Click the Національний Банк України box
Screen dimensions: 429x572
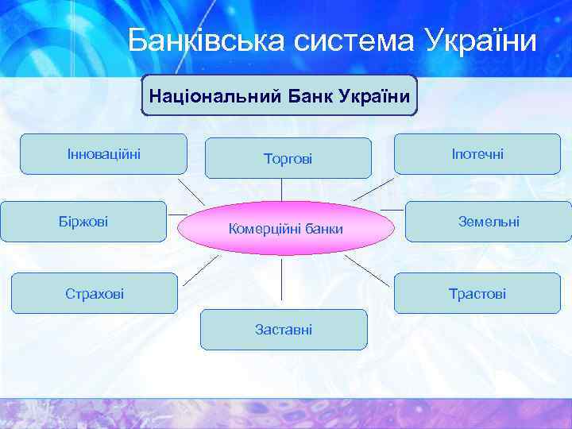point(279,96)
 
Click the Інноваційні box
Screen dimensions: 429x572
point(103,153)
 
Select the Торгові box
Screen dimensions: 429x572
point(288,159)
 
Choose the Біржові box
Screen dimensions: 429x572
point(83,221)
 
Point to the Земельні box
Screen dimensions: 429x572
point(489,221)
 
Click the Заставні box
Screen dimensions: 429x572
point(284,329)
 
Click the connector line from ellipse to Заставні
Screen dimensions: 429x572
point(283,282)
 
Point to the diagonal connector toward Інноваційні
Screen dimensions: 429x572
point(191,191)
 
